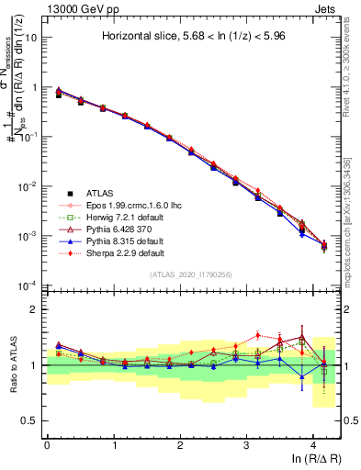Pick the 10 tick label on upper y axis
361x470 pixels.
click(31, 39)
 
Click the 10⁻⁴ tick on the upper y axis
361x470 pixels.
click(28, 285)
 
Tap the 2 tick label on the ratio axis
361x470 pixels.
click(36, 310)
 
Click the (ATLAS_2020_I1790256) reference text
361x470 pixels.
click(190, 274)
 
